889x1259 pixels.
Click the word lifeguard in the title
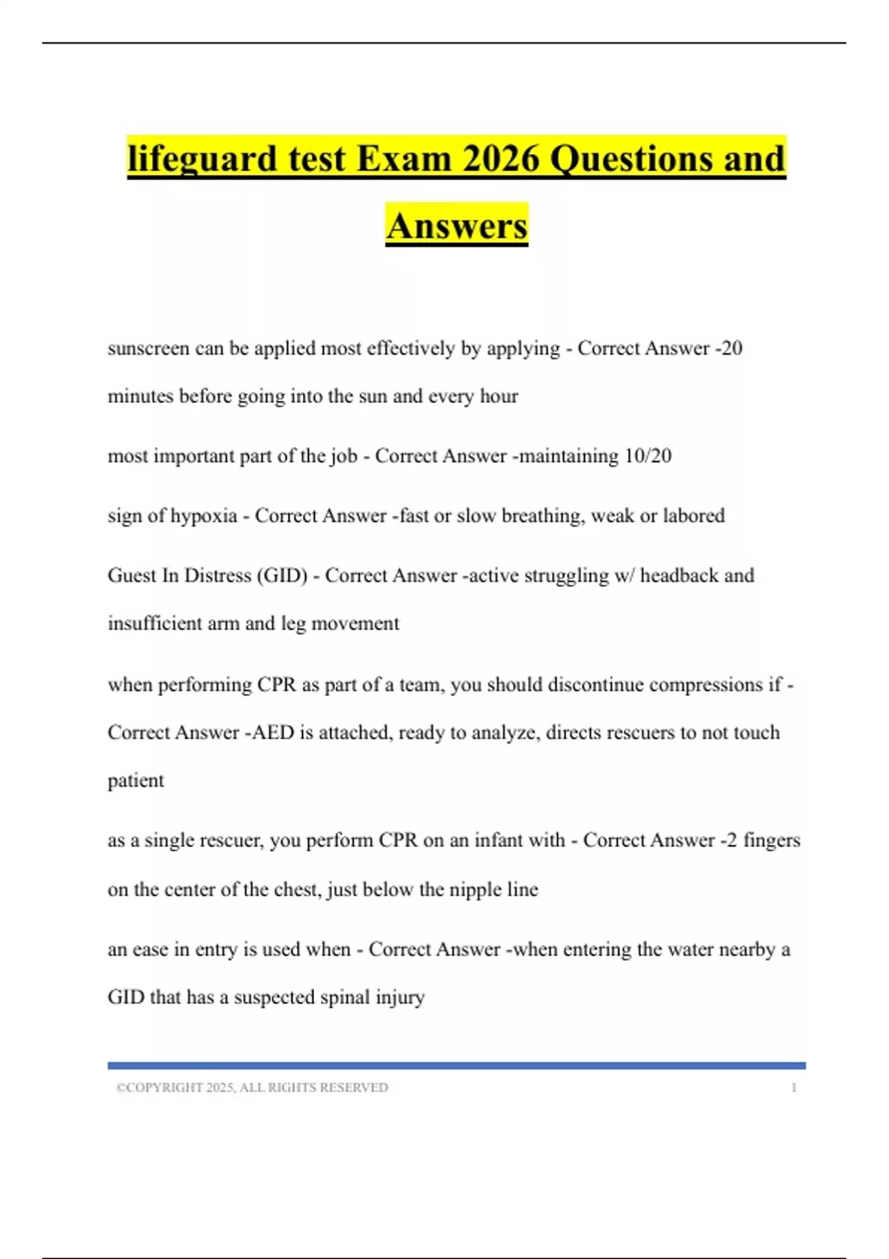point(201,159)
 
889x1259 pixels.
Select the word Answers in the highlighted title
point(456,226)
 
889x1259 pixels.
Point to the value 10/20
point(647,455)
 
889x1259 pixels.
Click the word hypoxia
point(204,515)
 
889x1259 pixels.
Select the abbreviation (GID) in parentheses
point(282,575)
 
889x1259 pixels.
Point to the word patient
point(136,781)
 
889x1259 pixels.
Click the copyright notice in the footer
point(252,1087)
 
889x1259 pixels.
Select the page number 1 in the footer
point(793,1087)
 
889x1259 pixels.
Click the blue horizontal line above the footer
point(456,1066)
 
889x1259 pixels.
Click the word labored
point(693,515)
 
